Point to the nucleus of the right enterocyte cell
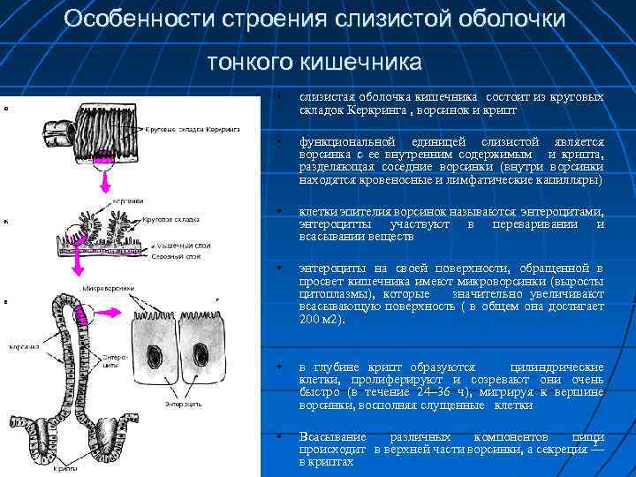pyautogui.click(x=204, y=361)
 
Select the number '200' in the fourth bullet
pyautogui.click(x=309, y=319)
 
